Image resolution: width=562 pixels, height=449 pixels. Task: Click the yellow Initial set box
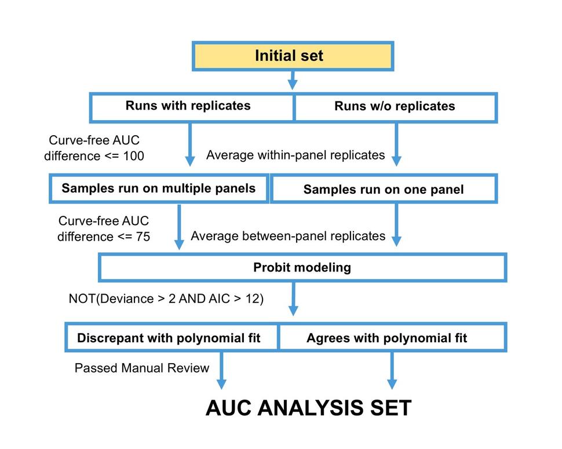[293, 56]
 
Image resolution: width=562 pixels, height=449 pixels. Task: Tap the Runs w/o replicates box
[395, 107]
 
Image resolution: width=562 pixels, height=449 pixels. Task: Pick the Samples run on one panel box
[384, 189]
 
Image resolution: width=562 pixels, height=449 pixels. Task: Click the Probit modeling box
[302, 267]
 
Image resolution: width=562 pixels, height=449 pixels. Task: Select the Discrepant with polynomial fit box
[173, 338]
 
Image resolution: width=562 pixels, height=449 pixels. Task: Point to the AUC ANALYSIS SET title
[308, 408]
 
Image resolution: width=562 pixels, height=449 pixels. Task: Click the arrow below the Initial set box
[293, 80]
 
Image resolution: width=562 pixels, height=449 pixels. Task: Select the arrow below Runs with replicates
[190, 145]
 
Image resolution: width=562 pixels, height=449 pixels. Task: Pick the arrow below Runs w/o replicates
[396, 145]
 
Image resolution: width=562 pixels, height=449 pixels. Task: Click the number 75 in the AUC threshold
[139, 236]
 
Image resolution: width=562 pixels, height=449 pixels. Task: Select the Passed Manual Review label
[142, 368]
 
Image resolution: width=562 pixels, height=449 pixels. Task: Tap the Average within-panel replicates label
[295, 155]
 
